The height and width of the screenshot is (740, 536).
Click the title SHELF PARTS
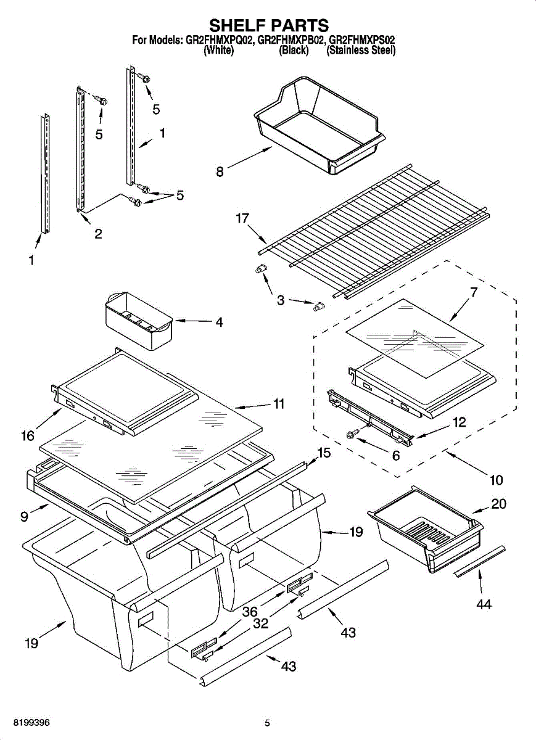point(268,25)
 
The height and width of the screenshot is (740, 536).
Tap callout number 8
point(220,172)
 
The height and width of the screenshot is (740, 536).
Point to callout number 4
point(219,322)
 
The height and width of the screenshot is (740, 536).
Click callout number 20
point(498,504)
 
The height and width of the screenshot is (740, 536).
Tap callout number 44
point(484,604)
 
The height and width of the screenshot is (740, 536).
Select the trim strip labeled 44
point(480,561)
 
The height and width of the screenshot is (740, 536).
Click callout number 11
point(279,404)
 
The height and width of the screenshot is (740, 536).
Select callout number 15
point(323,453)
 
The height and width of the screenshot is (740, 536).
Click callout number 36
point(249,612)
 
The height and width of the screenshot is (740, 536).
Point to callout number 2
point(98,234)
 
